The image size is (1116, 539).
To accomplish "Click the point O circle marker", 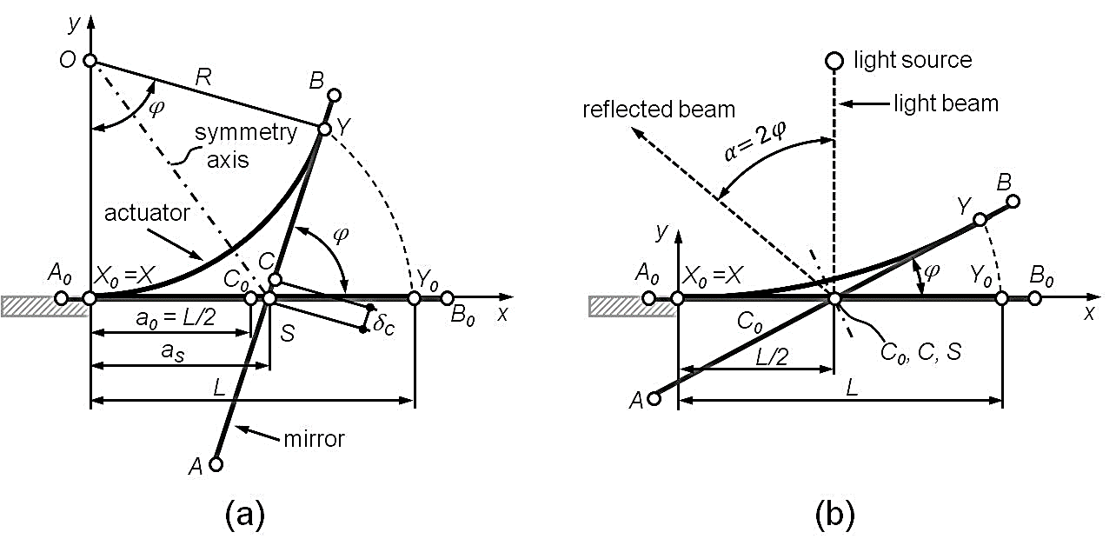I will coord(90,60).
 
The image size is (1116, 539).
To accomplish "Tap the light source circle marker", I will coord(834,61).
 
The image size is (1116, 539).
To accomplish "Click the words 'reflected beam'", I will coord(659,110).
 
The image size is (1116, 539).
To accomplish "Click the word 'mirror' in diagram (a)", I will coord(314,439).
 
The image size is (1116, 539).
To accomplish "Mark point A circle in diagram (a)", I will coord(216,464).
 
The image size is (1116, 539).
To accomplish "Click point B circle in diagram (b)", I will coord(1013,203).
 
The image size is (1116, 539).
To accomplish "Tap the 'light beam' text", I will coord(947,104).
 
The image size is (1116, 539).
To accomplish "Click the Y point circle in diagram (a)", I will coord(324,130).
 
